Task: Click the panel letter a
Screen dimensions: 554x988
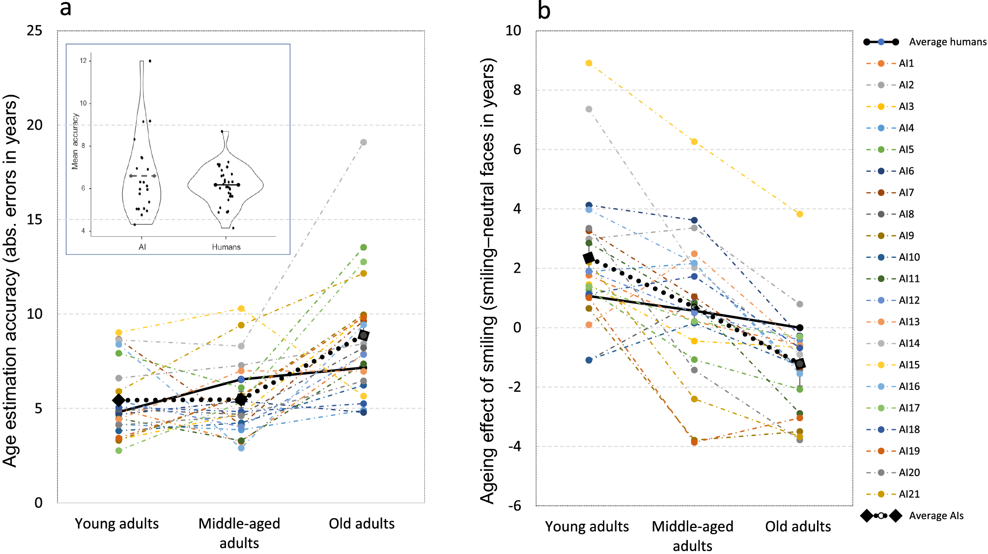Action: pyautogui.click(x=65, y=9)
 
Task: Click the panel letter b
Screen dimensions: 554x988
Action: pyautogui.click(x=543, y=10)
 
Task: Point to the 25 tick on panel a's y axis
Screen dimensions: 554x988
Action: pyautogui.click(x=34, y=31)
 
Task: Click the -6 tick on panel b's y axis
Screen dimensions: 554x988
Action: pyautogui.click(x=514, y=505)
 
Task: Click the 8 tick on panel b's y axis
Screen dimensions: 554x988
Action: pyautogui.click(x=517, y=90)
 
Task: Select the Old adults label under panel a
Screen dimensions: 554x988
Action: pyautogui.click(x=362, y=524)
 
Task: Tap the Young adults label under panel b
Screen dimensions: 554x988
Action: pyautogui.click(x=587, y=526)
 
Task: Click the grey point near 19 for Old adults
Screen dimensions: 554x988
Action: pyautogui.click(x=364, y=142)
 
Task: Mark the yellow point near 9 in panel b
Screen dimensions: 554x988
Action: pyautogui.click(x=589, y=63)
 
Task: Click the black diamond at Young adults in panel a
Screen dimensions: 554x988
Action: pyautogui.click(x=118, y=400)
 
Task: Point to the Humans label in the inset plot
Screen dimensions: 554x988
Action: pyautogui.click(x=226, y=247)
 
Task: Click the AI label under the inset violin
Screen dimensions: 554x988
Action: pyautogui.click(x=142, y=247)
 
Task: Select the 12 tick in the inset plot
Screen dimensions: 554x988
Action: pyautogui.click(x=83, y=61)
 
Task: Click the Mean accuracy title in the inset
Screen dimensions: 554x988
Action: pyautogui.click(x=75, y=141)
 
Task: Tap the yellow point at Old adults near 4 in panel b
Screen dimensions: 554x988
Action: pyautogui.click(x=800, y=214)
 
